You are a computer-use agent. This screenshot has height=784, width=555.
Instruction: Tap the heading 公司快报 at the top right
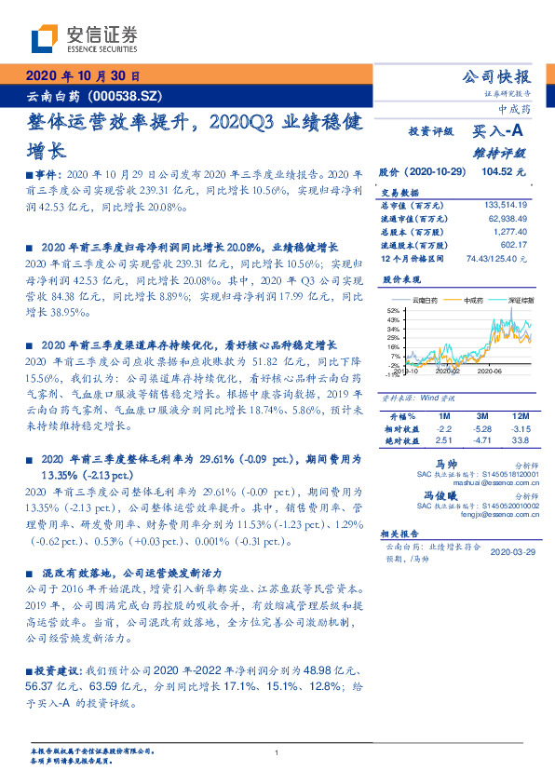(x=497, y=76)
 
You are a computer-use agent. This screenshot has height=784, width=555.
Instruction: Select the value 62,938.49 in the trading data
(x=507, y=217)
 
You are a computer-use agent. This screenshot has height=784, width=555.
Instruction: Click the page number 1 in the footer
(x=277, y=752)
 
